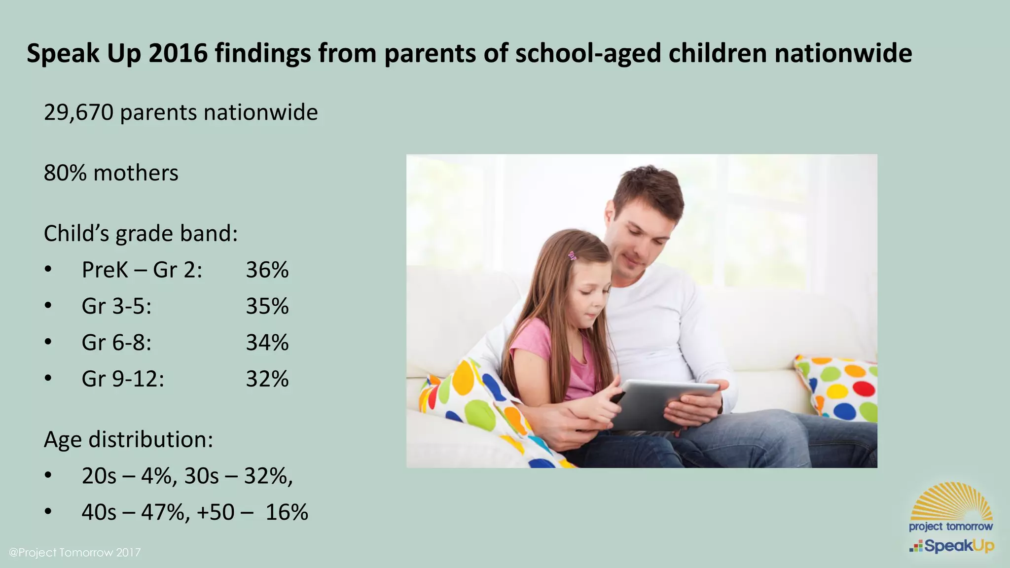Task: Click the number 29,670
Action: point(78,113)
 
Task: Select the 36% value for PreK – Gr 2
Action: point(267,270)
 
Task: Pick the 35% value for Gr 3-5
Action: point(267,306)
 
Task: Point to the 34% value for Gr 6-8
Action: point(267,343)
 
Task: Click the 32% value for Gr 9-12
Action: point(267,379)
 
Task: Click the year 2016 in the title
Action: point(178,53)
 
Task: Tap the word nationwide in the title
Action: point(843,53)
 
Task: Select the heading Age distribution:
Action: point(128,439)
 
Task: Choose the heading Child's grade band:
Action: point(141,234)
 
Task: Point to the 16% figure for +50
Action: point(287,512)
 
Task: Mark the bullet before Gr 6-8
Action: point(48,342)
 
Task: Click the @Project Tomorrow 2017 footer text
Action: point(75,552)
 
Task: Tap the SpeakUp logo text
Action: point(959,546)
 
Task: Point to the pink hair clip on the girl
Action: point(572,256)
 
